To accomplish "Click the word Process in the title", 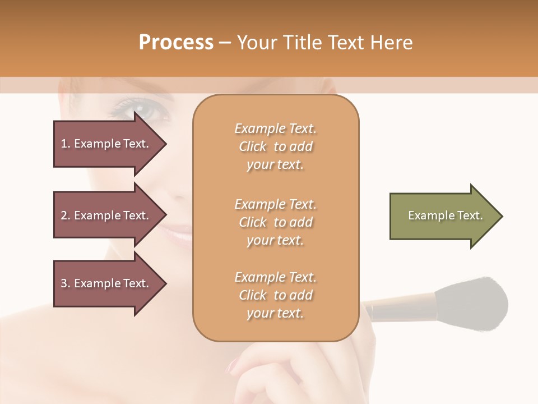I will click(x=176, y=43).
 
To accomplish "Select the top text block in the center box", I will click(x=276, y=146).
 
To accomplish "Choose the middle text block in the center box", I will click(x=276, y=222).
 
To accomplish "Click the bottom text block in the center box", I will click(x=276, y=295).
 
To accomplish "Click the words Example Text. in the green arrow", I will click(x=446, y=215).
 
